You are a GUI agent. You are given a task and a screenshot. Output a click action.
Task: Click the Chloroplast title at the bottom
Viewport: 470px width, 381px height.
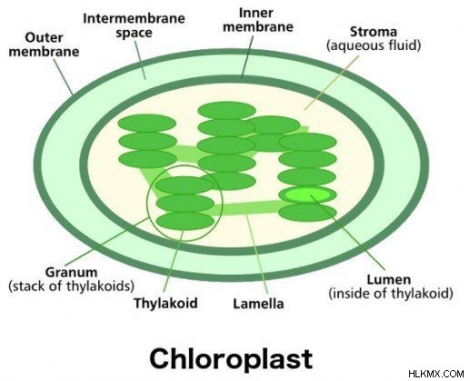231,358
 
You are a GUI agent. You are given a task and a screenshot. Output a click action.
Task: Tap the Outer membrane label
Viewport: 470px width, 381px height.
44,45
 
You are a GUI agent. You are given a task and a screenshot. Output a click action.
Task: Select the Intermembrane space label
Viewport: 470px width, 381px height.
134,25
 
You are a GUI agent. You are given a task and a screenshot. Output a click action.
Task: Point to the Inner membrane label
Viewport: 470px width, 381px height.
258,20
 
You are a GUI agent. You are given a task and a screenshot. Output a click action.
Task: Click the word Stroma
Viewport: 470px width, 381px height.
374,32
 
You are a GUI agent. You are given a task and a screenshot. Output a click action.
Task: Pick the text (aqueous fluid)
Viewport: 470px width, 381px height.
374,45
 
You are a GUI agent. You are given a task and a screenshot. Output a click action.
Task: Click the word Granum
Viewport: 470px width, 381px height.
71,272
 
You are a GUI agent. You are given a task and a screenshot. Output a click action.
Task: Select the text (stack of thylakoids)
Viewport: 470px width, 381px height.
71,286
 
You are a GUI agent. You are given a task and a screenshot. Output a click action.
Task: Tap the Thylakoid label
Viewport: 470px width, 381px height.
165,303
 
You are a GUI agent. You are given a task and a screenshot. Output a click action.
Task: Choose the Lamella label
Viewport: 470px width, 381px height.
258,304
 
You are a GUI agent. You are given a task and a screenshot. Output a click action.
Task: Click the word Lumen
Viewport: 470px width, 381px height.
389,279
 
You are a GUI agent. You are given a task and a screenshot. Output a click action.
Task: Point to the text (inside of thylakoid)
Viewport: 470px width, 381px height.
391,293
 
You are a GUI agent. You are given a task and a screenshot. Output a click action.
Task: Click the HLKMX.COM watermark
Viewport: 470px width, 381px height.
435,374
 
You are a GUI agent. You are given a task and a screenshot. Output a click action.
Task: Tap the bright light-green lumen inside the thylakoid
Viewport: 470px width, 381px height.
306,195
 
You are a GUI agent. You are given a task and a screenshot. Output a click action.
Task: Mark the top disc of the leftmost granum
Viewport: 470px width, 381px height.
146,124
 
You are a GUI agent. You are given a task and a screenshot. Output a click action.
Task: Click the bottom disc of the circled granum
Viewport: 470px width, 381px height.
185,221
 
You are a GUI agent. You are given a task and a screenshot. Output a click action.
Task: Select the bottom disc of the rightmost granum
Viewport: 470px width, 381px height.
307,213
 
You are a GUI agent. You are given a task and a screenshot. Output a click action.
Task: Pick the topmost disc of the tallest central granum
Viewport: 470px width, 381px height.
226,110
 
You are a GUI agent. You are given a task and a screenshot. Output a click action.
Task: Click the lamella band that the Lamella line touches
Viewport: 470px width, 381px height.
247,208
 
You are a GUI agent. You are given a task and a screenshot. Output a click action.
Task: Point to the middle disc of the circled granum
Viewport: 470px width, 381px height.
185,203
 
